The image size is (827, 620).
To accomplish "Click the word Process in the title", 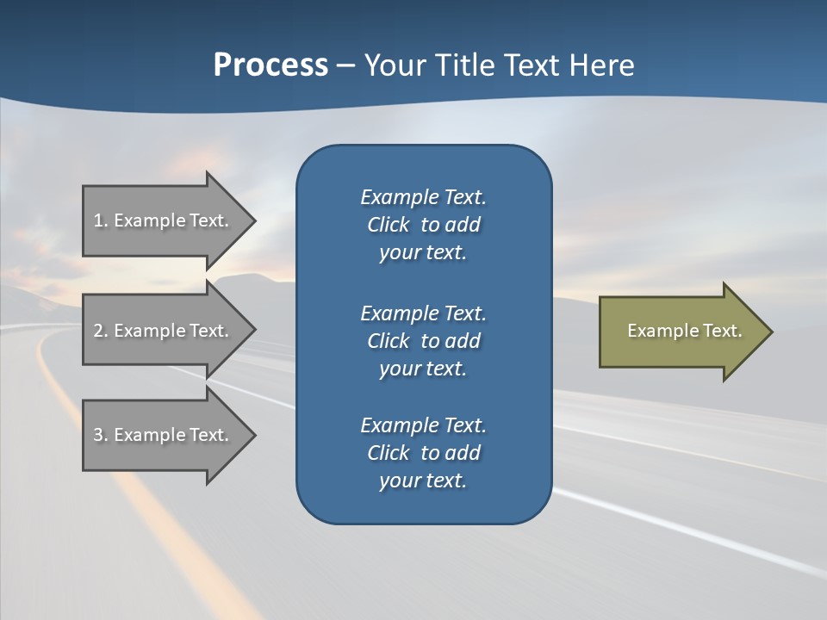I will [270, 65].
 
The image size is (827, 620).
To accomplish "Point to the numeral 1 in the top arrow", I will [97, 220].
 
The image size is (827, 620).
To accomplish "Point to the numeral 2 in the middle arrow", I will [98, 331].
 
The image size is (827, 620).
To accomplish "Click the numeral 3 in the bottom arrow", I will [98, 435].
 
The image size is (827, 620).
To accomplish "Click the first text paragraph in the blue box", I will [423, 225].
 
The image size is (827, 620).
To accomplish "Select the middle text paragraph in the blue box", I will [423, 341].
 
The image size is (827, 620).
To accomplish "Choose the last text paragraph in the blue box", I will [423, 453].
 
